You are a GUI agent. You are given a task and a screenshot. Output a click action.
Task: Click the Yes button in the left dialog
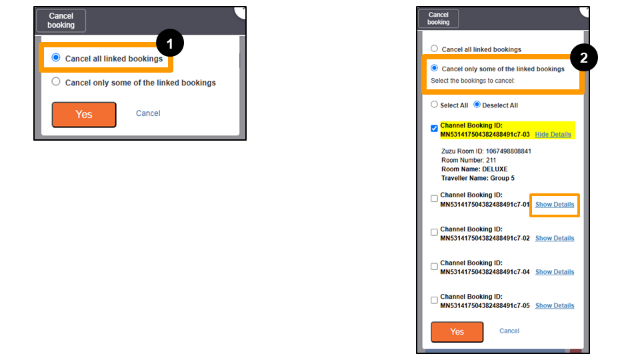coord(84,115)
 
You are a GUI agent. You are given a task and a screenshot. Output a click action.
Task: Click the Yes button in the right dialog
coord(457,332)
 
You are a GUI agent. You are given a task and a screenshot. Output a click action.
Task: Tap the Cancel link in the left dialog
coord(148,113)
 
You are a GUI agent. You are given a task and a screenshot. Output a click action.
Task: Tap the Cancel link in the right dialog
coord(509,331)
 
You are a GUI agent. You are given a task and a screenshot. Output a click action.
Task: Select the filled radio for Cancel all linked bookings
coord(56,57)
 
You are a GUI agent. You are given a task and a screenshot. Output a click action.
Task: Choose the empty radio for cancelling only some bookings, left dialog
coord(56,81)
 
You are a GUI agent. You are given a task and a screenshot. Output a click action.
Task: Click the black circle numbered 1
coord(170,43)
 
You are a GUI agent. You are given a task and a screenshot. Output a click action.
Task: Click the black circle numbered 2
coord(584,57)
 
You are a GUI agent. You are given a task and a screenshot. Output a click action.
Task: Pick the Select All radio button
coord(434,105)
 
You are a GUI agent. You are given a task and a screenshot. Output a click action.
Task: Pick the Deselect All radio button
coord(477,105)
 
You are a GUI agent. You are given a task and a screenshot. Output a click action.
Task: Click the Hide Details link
coord(553,135)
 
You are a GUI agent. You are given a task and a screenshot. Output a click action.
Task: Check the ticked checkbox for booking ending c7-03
coord(434,129)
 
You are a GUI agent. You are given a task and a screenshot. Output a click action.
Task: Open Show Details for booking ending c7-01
coord(555,205)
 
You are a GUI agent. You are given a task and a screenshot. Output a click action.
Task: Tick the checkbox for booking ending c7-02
coord(434,232)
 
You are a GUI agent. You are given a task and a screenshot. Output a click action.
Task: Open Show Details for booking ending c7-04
coord(555,272)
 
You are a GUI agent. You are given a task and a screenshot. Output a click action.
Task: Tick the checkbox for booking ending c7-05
coord(434,300)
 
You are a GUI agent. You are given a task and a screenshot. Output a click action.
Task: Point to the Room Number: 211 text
coord(469,161)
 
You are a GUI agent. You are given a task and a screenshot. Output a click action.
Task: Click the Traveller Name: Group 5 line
coord(478,179)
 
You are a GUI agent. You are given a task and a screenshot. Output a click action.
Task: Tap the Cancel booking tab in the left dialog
coord(61,21)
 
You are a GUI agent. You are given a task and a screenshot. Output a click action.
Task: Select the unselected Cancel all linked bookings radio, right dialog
coord(434,49)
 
